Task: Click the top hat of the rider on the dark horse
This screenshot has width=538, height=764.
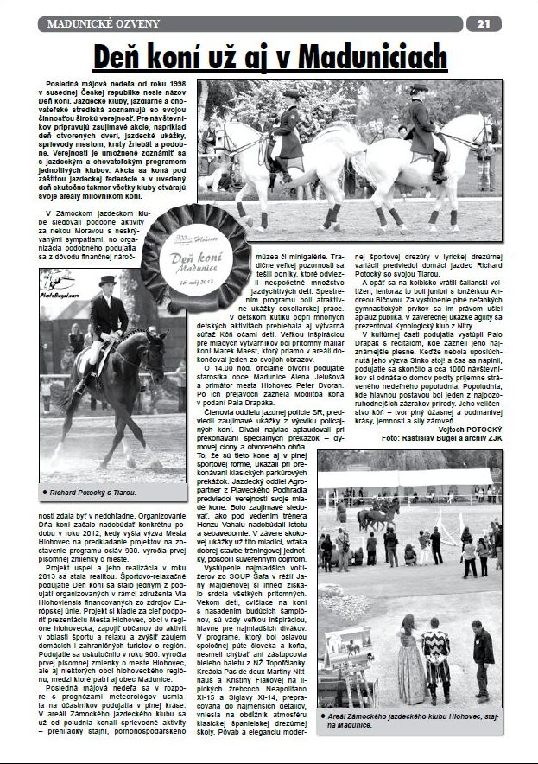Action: pyautogui.click(x=107, y=283)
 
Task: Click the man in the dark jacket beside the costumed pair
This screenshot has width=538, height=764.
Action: pyautogui.click(x=482, y=657)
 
